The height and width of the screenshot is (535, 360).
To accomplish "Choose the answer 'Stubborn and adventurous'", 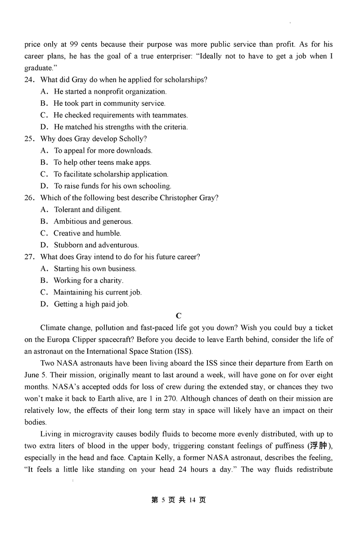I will point(96,245).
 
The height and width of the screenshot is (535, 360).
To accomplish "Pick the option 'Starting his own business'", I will point(95,269).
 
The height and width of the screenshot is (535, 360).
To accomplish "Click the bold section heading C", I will point(179,316).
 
